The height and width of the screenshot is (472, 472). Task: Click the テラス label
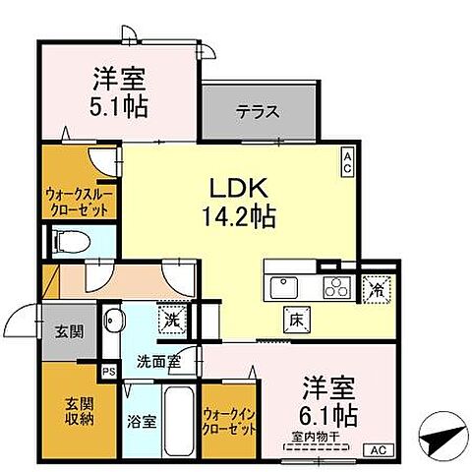pyautogui.click(x=257, y=112)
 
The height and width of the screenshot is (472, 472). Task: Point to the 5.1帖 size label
pyautogui.click(x=122, y=105)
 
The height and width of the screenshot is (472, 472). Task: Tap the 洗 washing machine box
pyautogui.click(x=171, y=319)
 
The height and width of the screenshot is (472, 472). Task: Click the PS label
pyautogui.click(x=109, y=371)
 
